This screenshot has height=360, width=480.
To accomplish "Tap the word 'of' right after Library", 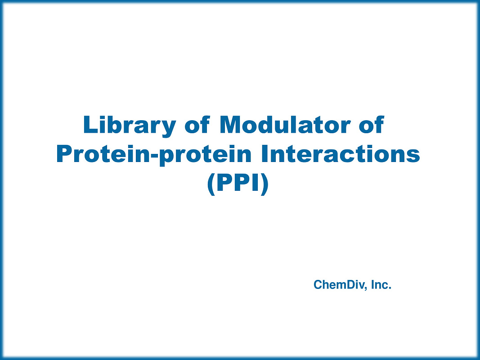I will [x=197, y=125].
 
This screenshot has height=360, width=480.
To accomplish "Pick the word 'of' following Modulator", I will [x=371, y=125].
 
